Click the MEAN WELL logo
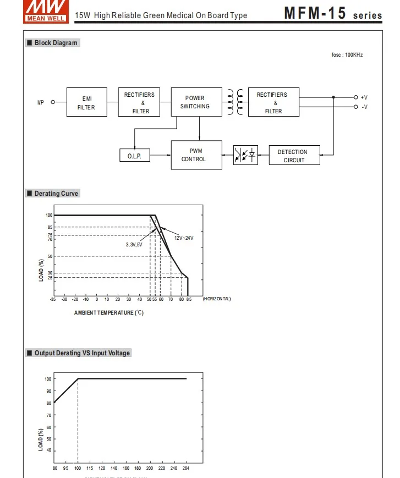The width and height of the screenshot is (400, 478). (46, 12)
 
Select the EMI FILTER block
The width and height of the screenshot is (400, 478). (87, 102)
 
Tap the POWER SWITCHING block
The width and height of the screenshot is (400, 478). (196, 102)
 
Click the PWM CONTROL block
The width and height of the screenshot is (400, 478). (196, 155)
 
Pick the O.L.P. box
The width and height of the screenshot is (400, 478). (135, 155)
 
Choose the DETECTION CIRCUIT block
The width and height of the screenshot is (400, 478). (294, 155)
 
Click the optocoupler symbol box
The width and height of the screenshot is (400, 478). (245, 155)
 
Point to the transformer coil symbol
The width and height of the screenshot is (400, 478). (235, 102)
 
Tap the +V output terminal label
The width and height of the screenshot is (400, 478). (364, 97)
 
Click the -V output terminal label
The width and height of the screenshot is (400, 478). (364, 107)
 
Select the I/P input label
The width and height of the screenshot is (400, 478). (41, 102)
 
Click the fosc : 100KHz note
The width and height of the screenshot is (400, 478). (347, 55)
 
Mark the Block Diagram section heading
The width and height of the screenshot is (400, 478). (56, 43)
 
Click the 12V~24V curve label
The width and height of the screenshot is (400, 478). (184, 238)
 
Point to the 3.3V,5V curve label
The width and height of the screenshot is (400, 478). (134, 245)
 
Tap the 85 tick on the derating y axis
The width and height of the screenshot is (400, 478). (50, 227)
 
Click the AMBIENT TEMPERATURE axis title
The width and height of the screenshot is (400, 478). (109, 313)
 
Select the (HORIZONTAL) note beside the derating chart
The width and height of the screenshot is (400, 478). (217, 299)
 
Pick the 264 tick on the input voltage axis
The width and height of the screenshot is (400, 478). (185, 468)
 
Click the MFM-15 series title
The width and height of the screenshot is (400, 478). (333, 13)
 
